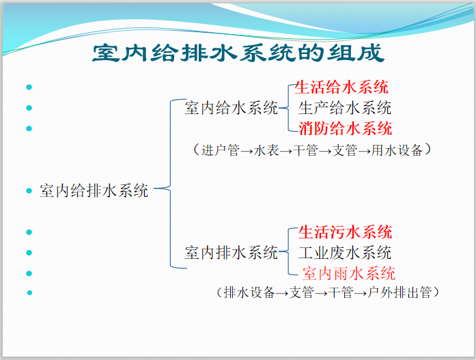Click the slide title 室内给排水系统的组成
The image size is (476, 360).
(238, 53)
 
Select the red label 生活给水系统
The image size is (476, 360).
(341, 87)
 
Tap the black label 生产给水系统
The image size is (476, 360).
(345, 107)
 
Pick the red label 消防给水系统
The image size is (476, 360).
(345, 128)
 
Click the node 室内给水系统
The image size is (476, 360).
(231, 107)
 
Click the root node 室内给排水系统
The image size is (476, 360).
(94, 191)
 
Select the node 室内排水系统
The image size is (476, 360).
(231, 252)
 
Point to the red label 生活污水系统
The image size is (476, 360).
(345, 232)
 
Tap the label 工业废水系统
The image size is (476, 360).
(345, 252)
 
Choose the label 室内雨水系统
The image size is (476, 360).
(348, 273)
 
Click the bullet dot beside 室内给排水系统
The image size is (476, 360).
(29, 191)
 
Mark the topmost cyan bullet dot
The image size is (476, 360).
(29, 87)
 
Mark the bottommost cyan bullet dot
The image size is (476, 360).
(29, 293)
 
